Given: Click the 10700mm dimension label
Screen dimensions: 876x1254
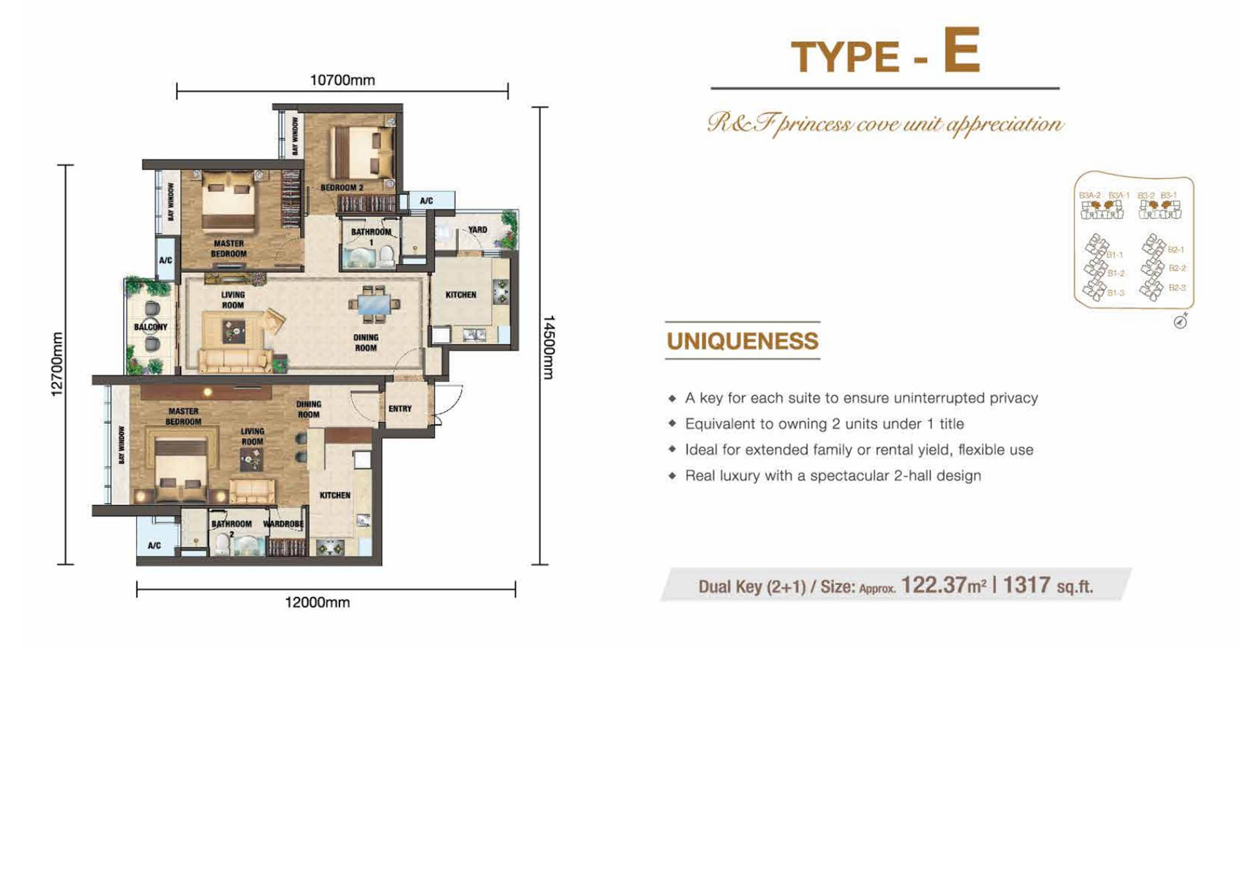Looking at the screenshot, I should [342, 80].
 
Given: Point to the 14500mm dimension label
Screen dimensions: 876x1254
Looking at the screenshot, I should [549, 347].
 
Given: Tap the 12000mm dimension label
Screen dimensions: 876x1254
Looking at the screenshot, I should [317, 602].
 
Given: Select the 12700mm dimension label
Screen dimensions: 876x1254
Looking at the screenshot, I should [58, 364].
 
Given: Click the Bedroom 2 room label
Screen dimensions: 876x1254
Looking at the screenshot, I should [341, 188].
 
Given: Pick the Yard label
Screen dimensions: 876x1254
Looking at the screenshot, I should [477, 229].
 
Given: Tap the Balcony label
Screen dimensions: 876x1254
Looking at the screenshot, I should [150, 326].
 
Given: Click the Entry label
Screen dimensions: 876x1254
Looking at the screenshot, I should [399, 409].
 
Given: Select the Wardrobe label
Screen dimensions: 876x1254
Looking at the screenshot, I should [283, 524].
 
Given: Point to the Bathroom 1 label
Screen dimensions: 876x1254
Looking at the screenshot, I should [371, 236].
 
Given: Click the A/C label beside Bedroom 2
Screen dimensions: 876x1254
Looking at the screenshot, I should [426, 201].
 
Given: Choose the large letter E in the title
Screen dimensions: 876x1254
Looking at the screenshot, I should [961, 50].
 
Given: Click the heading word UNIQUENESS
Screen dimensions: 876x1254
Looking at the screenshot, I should [742, 341].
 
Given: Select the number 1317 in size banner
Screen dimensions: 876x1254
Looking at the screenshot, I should [1026, 585].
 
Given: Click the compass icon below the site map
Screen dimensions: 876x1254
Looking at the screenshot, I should [1180, 321].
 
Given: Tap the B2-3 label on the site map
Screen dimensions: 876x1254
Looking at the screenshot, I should [1177, 288].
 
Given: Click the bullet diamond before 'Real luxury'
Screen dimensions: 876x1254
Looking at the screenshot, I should [672, 475].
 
